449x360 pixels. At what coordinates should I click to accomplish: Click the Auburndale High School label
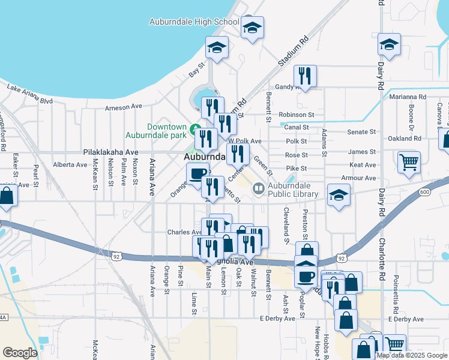point(194,22)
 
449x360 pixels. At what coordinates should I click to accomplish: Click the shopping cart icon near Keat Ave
point(409,161)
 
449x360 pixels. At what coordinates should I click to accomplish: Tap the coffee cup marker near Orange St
point(197,174)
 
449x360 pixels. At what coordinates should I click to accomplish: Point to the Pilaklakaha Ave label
point(111,152)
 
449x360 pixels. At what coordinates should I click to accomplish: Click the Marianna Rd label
point(407,96)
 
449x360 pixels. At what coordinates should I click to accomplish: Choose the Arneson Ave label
point(123,106)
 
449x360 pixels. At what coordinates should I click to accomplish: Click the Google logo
point(20,353)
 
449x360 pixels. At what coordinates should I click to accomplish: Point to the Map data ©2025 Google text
point(412,355)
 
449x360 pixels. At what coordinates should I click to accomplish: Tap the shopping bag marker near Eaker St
point(7,196)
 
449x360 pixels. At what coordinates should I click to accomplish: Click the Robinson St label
point(297,115)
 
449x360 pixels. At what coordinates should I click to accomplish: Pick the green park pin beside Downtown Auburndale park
point(194,129)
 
